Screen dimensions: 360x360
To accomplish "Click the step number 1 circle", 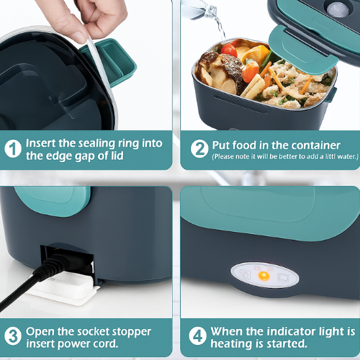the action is (13, 149).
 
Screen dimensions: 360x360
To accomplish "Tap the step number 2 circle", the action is (199, 149).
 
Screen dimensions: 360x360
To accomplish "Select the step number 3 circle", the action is (13, 336).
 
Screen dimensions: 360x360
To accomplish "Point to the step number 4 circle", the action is (197, 336).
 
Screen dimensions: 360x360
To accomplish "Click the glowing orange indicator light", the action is (264, 276).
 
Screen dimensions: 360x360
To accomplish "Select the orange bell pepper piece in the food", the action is (256, 54).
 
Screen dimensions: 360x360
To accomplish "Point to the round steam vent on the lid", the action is (338, 9).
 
